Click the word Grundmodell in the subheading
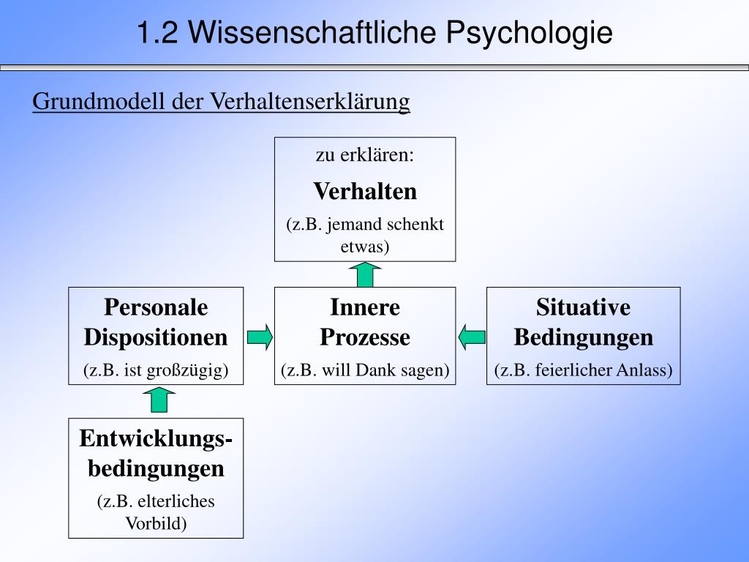(x=99, y=101)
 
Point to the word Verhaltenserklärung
(x=311, y=101)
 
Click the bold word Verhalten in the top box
(x=365, y=192)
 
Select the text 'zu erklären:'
(x=365, y=155)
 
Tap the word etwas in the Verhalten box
(x=365, y=246)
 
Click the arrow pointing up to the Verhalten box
(x=365, y=274)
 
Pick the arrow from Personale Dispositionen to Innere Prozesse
(x=260, y=337)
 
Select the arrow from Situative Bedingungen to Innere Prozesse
(x=472, y=337)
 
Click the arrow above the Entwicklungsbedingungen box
(x=157, y=400)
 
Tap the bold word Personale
(x=156, y=307)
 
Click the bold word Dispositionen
(x=156, y=337)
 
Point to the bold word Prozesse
(x=365, y=337)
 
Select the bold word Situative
(x=583, y=307)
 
